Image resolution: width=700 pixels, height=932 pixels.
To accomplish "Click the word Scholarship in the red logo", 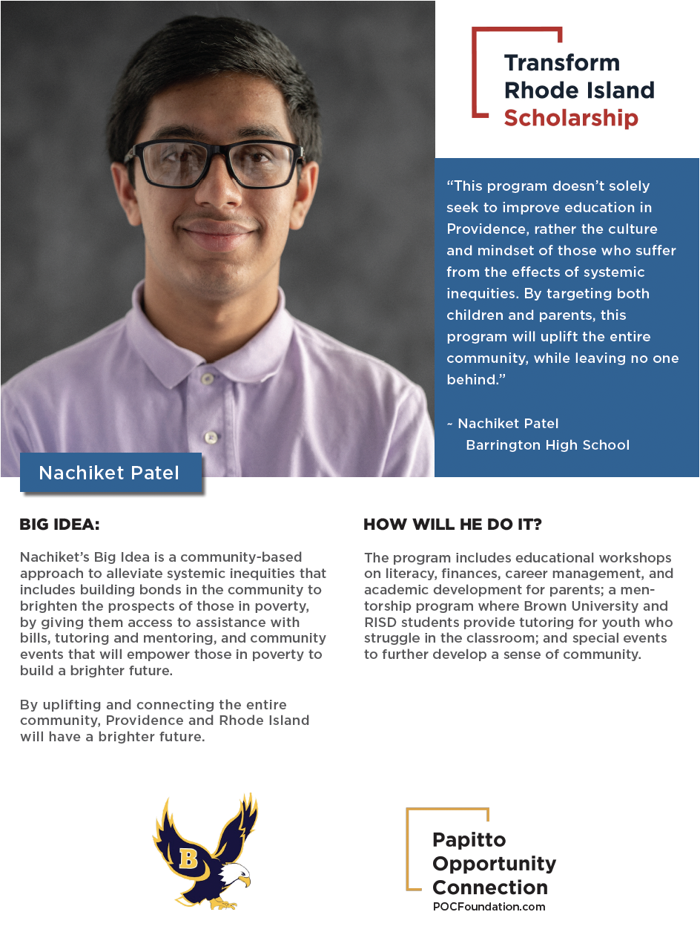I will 570,118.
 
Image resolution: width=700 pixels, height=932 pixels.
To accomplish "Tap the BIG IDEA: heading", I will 59,525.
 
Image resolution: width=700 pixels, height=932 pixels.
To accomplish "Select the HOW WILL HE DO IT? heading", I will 452,525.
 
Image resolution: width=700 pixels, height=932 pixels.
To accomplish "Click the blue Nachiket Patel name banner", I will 109,473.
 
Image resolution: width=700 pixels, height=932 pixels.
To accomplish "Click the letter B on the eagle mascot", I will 188,859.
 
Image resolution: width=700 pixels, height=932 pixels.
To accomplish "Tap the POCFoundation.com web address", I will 489,906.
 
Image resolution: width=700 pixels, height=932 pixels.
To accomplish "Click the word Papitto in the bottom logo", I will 469,840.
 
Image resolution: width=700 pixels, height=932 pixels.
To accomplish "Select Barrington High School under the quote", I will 547,445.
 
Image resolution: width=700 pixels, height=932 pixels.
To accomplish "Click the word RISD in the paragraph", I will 380,622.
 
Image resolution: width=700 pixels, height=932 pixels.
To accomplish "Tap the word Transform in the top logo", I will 551,63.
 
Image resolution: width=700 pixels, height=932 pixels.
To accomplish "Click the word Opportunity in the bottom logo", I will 494,864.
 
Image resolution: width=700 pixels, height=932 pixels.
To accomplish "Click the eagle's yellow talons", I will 222,904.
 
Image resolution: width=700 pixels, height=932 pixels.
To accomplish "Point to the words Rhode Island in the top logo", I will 579,91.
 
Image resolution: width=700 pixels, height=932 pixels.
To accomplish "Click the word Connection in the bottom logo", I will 490,887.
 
